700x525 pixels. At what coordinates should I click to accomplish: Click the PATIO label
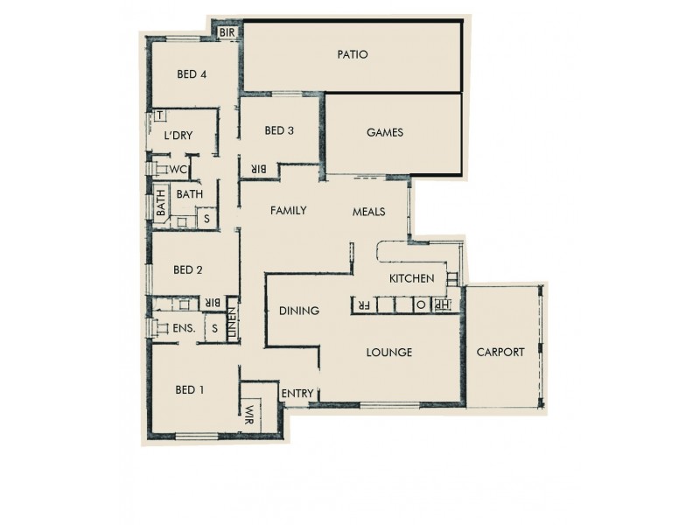(x=353, y=54)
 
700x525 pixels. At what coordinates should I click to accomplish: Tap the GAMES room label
(x=384, y=133)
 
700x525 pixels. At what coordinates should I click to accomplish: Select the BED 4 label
(x=192, y=74)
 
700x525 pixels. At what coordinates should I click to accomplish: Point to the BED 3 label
(x=278, y=131)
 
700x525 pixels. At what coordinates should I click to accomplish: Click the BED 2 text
(x=188, y=269)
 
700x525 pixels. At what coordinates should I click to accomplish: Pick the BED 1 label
(x=189, y=389)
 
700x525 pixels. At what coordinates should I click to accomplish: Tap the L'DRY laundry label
(x=178, y=135)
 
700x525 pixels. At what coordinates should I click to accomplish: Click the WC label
(x=178, y=169)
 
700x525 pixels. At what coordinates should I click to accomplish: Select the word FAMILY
(x=288, y=210)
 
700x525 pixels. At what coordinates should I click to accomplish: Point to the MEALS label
(x=368, y=212)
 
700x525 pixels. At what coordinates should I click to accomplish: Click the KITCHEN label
(x=412, y=278)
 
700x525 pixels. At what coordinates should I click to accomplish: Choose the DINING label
(x=298, y=311)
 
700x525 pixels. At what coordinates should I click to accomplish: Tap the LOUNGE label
(x=388, y=353)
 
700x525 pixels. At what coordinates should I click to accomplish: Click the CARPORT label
(x=500, y=353)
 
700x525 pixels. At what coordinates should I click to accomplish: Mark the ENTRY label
(x=297, y=394)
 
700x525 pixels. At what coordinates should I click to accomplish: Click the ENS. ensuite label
(x=183, y=328)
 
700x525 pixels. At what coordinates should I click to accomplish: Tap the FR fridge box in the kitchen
(x=360, y=306)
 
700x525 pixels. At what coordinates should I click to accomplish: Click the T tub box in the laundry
(x=160, y=115)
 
